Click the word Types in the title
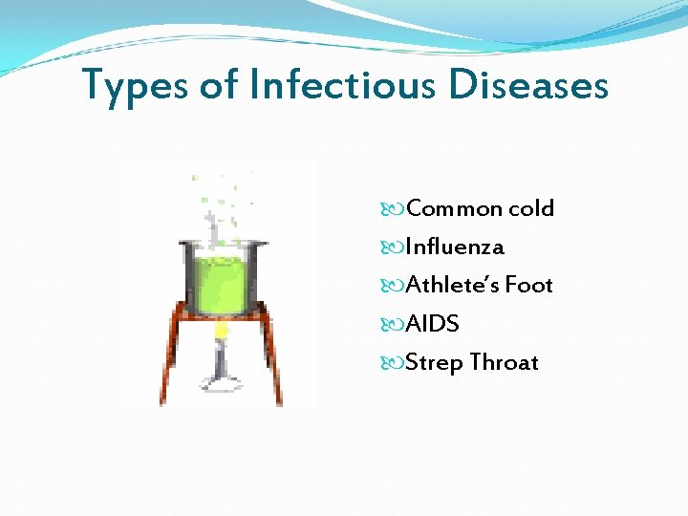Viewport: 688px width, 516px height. tap(135, 85)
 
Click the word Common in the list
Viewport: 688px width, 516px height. tap(454, 208)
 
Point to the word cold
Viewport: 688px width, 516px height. tap(530, 208)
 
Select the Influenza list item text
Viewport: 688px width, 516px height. tap(454, 247)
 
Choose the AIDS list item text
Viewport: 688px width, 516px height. tap(432, 324)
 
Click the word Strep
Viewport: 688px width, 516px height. tap(435, 363)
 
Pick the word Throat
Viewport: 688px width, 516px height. tap(504, 363)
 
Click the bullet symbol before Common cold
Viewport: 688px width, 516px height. tap(397, 209)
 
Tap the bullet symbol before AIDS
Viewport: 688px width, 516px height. tap(397, 325)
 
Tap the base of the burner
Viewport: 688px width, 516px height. tap(221, 386)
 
